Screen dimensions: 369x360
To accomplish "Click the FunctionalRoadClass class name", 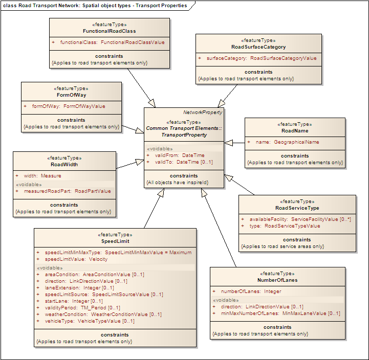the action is pyautogui.click(x=109, y=31).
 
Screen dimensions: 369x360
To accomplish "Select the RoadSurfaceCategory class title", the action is pyautogui.click(x=258, y=47).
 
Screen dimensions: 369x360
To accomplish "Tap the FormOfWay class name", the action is pyautogui.click(x=71, y=95).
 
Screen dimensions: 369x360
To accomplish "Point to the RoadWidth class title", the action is pyautogui.click(x=64, y=165).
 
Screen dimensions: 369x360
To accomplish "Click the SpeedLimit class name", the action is pyautogui.click(x=115, y=241).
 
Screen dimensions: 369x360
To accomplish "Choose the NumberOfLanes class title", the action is pyautogui.click(x=277, y=280).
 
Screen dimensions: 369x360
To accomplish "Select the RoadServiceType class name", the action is pyautogui.click(x=297, y=208).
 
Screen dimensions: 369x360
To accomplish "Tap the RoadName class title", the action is pyautogui.click(x=295, y=131).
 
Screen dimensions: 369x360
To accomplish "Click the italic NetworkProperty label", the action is pyautogui.click(x=203, y=112).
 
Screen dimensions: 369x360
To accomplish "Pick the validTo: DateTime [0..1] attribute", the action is pyautogui.click(x=184, y=162).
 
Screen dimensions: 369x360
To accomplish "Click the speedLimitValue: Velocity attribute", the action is pyautogui.click(x=76, y=259).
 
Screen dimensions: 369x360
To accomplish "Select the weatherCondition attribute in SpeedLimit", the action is pyautogui.click(x=103, y=314).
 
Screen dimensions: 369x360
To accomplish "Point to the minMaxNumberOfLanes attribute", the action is pyautogui.click(x=280, y=313).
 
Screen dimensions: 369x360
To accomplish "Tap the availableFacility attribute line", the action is pyautogui.click(x=300, y=219).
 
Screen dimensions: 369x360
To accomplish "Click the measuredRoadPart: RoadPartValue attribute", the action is pyautogui.click(x=68, y=191).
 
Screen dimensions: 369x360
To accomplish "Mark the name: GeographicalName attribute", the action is pyautogui.click(x=287, y=142).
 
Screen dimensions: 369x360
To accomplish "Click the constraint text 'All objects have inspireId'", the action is pyautogui.click(x=177, y=183).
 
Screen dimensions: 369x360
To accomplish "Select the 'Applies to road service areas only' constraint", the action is pyautogui.click(x=283, y=246).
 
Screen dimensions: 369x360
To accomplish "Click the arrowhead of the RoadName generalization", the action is pyautogui.click(x=228, y=143).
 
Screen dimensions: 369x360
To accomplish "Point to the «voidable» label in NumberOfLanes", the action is pyautogui.click(x=226, y=300).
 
